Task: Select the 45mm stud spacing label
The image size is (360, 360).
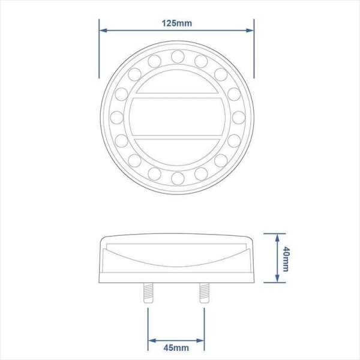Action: (177, 347)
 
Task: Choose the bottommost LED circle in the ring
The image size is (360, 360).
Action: (177, 178)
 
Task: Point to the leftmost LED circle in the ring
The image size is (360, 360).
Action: (116, 117)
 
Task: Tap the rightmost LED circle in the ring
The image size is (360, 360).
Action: (238, 117)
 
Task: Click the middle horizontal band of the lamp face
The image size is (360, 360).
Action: (177, 117)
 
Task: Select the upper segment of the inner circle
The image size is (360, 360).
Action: (177, 87)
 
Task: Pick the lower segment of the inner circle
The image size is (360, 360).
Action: (177, 150)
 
